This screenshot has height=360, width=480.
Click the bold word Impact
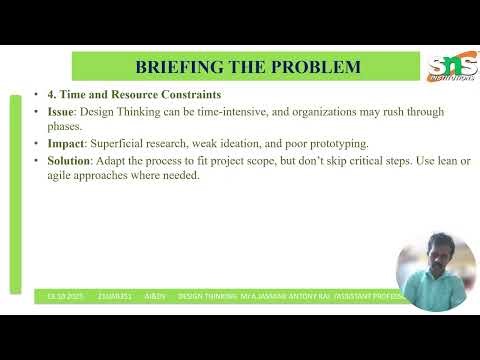[67, 143]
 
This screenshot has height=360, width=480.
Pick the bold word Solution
[71, 160]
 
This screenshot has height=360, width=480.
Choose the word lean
[439, 160]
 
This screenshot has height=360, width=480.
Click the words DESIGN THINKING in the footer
[207, 296]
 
